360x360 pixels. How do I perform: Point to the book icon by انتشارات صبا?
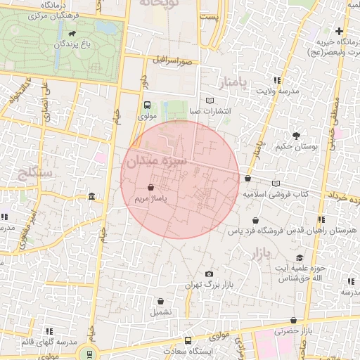point(210,101)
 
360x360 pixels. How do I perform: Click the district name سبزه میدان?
point(155,162)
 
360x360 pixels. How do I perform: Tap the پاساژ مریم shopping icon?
point(152,188)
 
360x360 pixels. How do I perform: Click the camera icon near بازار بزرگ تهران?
point(209,274)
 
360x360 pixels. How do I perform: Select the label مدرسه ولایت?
point(277,91)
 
